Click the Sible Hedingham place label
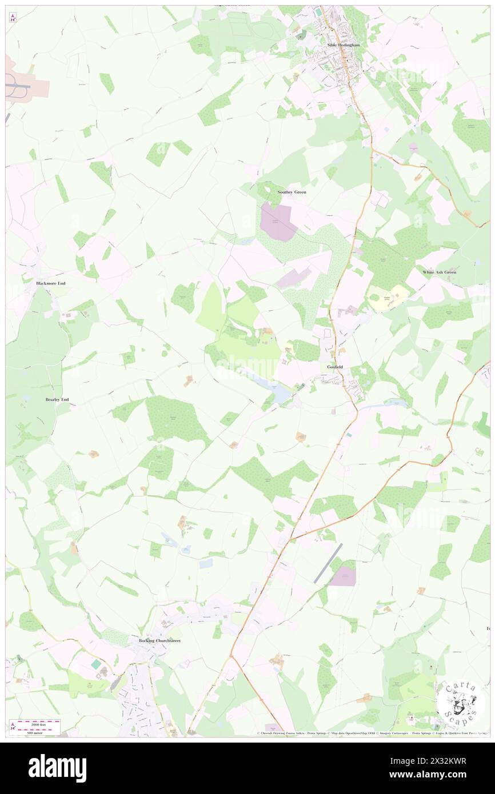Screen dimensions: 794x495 [x=341, y=44]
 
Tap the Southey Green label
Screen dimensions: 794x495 [x=292, y=192]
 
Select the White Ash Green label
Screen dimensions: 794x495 [x=440, y=272]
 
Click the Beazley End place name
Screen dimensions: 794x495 [x=57, y=399]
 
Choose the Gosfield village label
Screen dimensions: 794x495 [x=336, y=366]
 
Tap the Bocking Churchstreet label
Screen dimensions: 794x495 [x=160, y=640]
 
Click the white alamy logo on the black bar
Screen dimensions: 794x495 [x=57, y=768]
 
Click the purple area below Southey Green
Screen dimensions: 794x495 [x=278, y=221]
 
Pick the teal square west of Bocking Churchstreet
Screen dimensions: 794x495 [x=96, y=664]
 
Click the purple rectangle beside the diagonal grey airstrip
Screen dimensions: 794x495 [x=343, y=576]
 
